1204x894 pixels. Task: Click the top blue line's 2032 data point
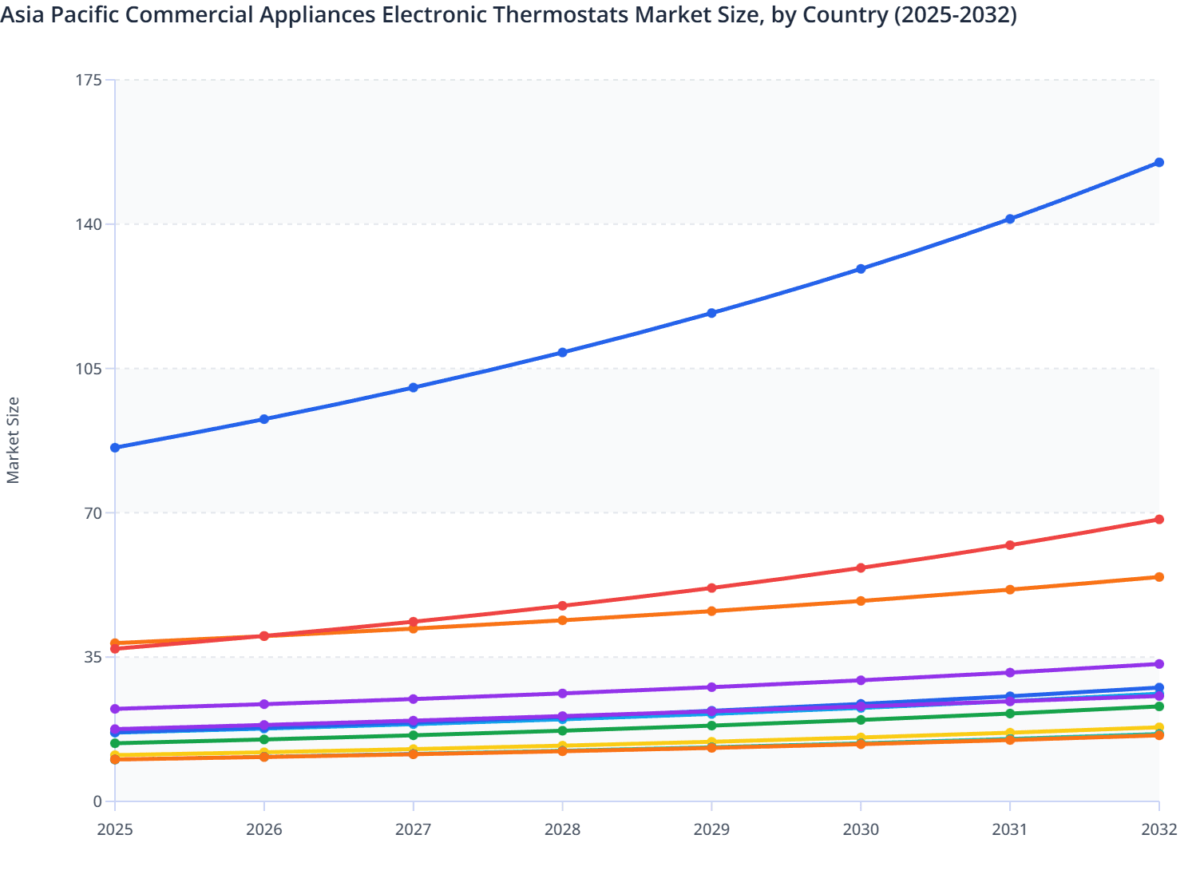click(1158, 163)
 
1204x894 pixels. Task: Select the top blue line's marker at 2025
click(115, 448)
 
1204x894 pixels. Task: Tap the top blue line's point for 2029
click(711, 314)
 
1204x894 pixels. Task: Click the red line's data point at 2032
click(1158, 520)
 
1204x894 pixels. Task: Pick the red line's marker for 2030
click(861, 568)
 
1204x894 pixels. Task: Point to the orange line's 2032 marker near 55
click(1158, 577)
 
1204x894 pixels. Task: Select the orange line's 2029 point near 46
click(711, 611)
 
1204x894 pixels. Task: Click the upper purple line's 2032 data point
click(1158, 664)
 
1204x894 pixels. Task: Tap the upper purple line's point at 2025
click(115, 709)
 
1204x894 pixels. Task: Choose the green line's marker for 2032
click(1158, 706)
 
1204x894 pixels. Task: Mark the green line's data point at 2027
click(414, 735)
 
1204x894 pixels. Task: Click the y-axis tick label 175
click(90, 80)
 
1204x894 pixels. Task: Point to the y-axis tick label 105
click(90, 369)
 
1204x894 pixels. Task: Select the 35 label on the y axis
click(93, 657)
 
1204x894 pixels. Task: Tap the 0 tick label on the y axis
click(97, 801)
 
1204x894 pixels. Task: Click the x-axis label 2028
click(562, 830)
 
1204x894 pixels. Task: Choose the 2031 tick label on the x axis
click(1010, 830)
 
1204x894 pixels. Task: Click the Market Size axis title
click(14, 441)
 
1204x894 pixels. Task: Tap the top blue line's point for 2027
click(414, 388)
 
